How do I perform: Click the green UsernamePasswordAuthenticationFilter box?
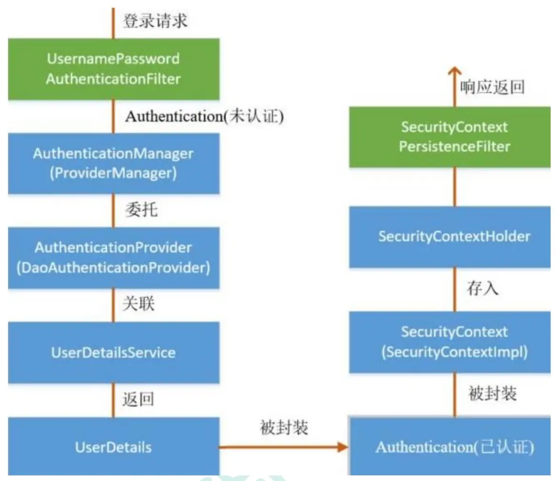coord(113,69)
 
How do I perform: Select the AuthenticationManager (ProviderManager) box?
coord(113,163)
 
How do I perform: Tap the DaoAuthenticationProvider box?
coord(113,257)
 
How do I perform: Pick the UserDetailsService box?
coord(113,353)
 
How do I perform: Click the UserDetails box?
coord(113,447)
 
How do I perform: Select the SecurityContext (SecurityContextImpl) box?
coord(450,342)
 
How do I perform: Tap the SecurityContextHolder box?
coord(450,236)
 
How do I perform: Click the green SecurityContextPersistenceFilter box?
coord(450,137)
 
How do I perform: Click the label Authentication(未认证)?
coord(204,117)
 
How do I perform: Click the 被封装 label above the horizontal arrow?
coord(284,428)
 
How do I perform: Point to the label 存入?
coord(483,289)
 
